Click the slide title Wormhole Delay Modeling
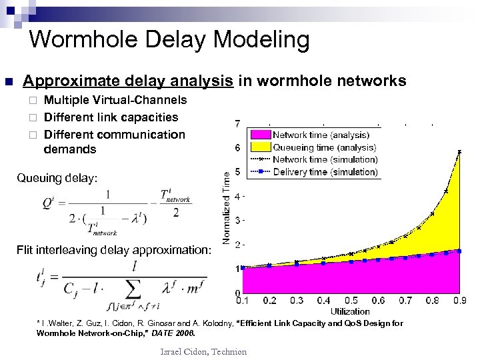click(x=169, y=40)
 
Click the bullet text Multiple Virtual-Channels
click(x=115, y=100)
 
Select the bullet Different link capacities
click(x=111, y=117)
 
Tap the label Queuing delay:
click(x=57, y=179)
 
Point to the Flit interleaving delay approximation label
click(x=114, y=251)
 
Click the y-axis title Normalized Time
click(x=227, y=207)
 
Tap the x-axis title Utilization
click(x=349, y=311)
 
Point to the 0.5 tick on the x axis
click(x=351, y=301)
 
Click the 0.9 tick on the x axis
click(x=459, y=301)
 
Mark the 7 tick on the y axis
click(x=239, y=124)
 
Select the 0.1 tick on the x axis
click(x=243, y=301)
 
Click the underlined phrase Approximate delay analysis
click(x=128, y=81)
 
